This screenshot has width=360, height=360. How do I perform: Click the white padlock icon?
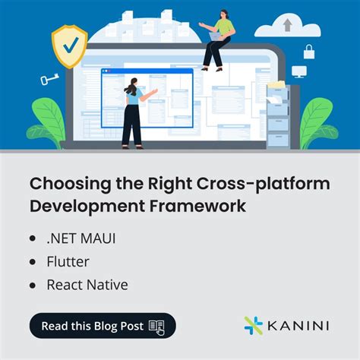(x=309, y=52)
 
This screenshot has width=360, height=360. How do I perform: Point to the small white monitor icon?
(x=299, y=71)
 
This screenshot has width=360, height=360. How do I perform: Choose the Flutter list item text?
(x=68, y=262)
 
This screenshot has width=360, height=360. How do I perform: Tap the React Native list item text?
(x=87, y=286)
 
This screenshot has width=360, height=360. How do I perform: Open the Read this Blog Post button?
(x=103, y=326)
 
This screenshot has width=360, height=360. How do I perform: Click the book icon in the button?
(x=156, y=326)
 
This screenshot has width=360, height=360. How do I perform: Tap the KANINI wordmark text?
(x=299, y=326)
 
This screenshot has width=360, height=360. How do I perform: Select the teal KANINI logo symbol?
(x=253, y=325)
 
